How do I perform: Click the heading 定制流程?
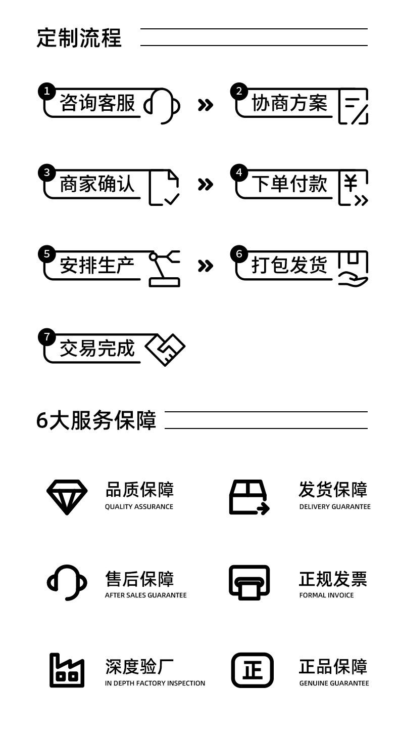pyautogui.click(x=79, y=38)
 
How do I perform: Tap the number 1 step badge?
pyautogui.click(x=47, y=91)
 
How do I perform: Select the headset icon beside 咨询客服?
pyautogui.click(x=162, y=105)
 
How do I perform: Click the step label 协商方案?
pyautogui.click(x=289, y=103)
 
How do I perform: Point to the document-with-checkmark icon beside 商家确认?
pyautogui.click(x=164, y=187)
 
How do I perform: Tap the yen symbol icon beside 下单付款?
pyautogui.click(x=353, y=187)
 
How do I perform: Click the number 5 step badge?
pyautogui.click(x=47, y=254)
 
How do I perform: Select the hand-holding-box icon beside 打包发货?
pyautogui.click(x=353, y=269)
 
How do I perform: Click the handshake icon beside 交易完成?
pyautogui.click(x=165, y=349)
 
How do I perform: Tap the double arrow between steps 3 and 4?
pyautogui.click(x=205, y=185)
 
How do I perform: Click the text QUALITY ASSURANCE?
pyautogui.click(x=139, y=507)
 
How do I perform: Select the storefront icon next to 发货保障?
pyautogui.click(x=248, y=497)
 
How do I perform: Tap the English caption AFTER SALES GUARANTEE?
pyautogui.click(x=145, y=595)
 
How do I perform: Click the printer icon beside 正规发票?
pyautogui.click(x=249, y=583)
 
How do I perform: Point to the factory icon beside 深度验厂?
pyautogui.click(x=67, y=670)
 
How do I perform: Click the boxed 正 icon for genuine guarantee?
pyautogui.click(x=252, y=670)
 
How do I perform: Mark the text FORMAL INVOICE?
pyautogui.click(x=326, y=595)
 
